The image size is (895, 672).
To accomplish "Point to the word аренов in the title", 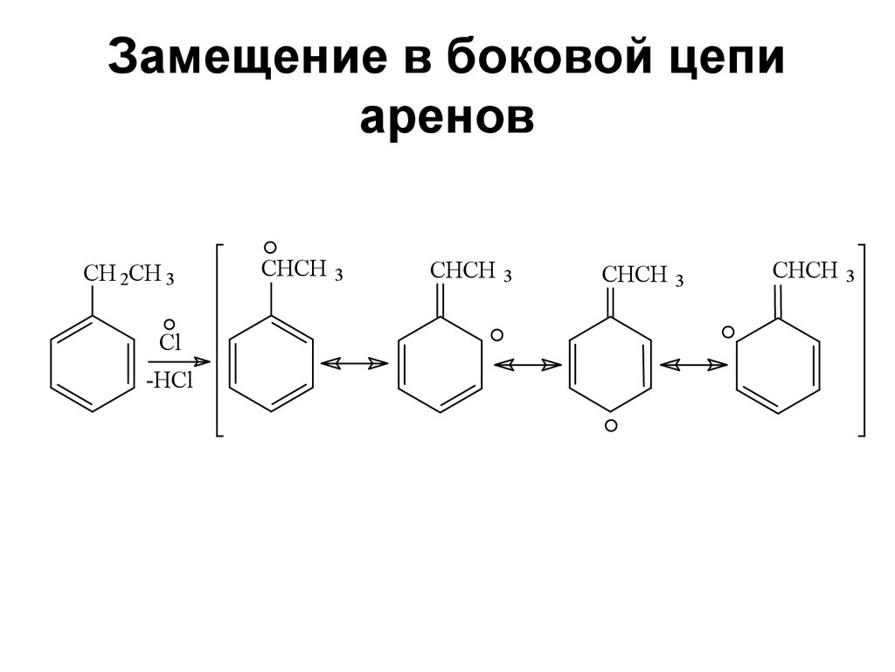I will point(447,119).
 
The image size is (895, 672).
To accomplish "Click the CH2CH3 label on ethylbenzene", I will point(128,275).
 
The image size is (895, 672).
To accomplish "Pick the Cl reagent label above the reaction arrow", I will point(169,342).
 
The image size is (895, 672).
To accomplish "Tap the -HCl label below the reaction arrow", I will point(169,381).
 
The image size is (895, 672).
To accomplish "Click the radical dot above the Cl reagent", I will point(169,323).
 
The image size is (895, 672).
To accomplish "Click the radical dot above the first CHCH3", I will point(271,248).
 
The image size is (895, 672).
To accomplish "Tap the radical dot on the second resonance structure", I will point(496,334).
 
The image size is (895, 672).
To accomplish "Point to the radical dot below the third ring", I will point(611,425).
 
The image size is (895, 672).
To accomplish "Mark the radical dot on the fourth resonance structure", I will point(727,332).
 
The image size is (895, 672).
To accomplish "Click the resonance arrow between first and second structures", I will point(355,362).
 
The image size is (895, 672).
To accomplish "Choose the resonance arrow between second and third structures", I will point(527,362).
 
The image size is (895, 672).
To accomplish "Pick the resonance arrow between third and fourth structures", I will point(695,362).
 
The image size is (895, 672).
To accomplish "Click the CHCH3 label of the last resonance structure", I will point(813,272).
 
